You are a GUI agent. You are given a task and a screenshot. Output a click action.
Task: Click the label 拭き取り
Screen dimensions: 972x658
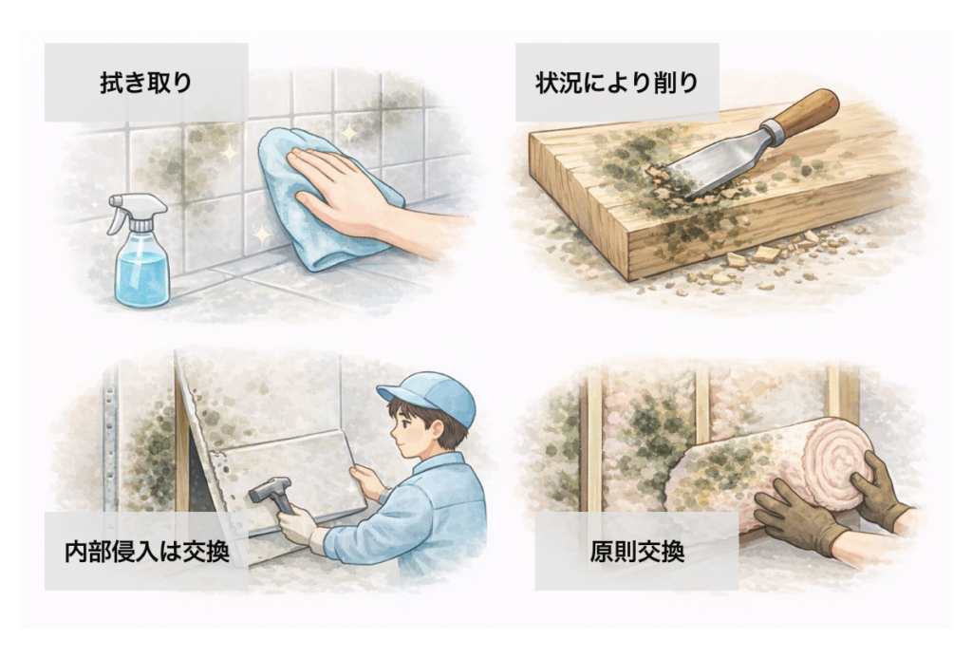(x=146, y=83)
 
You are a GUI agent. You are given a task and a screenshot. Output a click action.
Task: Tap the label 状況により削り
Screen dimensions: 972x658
(x=617, y=83)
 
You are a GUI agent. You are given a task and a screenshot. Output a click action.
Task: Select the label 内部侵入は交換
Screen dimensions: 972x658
(x=147, y=552)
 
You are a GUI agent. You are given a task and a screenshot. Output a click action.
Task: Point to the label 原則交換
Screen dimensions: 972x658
(x=637, y=552)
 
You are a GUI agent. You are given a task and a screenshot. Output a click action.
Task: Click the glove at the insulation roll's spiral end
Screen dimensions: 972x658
(x=879, y=489)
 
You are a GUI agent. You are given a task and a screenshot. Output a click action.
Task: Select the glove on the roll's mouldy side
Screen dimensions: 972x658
(x=796, y=517)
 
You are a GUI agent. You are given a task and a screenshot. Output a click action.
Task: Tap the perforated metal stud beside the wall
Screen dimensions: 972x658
(x=110, y=434)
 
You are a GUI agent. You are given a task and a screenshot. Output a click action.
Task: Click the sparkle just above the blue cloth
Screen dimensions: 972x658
(x=349, y=133)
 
